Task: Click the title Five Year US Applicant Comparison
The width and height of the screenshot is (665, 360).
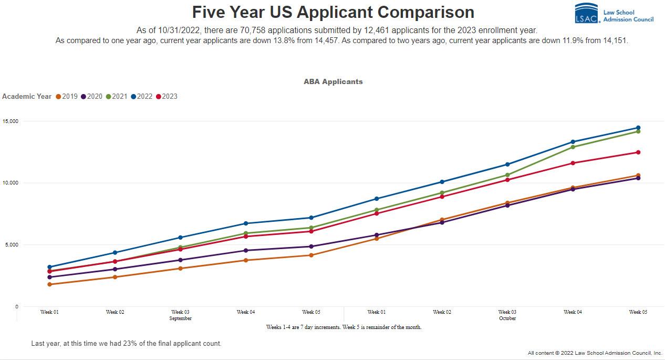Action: [x=332, y=12]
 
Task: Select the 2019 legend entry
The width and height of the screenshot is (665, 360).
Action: [x=66, y=96]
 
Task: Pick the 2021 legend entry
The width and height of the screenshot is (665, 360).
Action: [x=116, y=96]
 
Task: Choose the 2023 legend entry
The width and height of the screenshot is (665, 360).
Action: [x=167, y=96]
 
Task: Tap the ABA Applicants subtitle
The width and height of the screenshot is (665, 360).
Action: [x=333, y=81]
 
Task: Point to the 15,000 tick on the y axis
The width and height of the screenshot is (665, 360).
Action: [x=10, y=121]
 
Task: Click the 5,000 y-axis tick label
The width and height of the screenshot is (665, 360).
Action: [x=11, y=245]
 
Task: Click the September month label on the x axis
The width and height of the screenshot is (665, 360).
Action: [x=180, y=318]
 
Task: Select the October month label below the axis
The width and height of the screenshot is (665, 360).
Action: [x=507, y=318]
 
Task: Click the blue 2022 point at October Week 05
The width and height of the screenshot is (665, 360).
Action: [x=638, y=128]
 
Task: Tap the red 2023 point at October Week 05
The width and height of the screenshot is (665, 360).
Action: [x=638, y=152]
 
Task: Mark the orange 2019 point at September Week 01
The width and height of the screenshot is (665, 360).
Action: [x=49, y=284]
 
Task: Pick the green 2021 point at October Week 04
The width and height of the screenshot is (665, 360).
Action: [x=573, y=147]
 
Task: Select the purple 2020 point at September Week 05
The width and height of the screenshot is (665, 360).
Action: [x=311, y=246]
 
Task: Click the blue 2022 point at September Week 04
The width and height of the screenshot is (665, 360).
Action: [x=246, y=223]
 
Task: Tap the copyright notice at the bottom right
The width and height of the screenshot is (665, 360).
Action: [x=595, y=353]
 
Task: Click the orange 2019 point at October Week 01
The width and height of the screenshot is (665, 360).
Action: [x=377, y=239]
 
